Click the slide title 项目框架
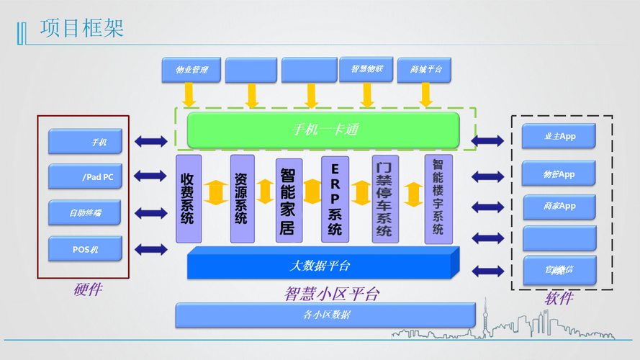82,28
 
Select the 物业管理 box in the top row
191,70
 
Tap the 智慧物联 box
366,69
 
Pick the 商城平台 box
425,70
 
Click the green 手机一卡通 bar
323,130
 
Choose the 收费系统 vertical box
188,198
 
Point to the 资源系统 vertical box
242,198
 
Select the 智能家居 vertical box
288,199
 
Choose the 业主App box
559,136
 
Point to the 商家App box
559,207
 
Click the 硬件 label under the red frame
88,289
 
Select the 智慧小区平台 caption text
331,294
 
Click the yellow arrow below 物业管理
189,94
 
